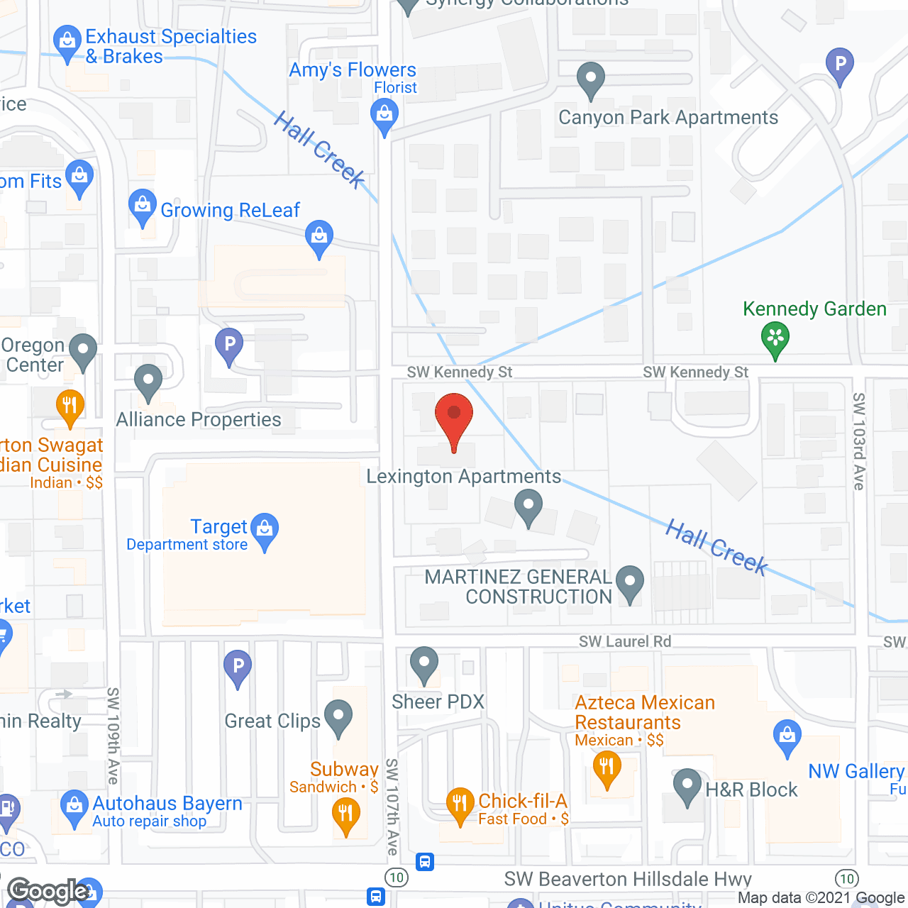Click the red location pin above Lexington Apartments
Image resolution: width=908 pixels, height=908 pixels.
click(454, 415)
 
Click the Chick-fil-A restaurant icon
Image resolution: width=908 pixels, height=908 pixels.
click(460, 804)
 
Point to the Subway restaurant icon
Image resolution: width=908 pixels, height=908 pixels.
click(345, 813)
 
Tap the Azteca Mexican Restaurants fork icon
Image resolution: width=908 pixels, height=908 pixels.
click(607, 768)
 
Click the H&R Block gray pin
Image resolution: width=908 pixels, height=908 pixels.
click(687, 785)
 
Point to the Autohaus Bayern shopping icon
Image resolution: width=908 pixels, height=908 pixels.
click(74, 806)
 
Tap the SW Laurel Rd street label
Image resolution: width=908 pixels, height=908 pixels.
click(624, 641)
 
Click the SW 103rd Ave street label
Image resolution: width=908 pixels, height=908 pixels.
click(859, 441)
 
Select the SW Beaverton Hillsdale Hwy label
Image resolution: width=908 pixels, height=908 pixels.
click(628, 879)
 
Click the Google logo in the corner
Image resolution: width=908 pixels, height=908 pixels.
click(48, 891)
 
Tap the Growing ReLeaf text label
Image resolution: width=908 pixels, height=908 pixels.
click(230, 210)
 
